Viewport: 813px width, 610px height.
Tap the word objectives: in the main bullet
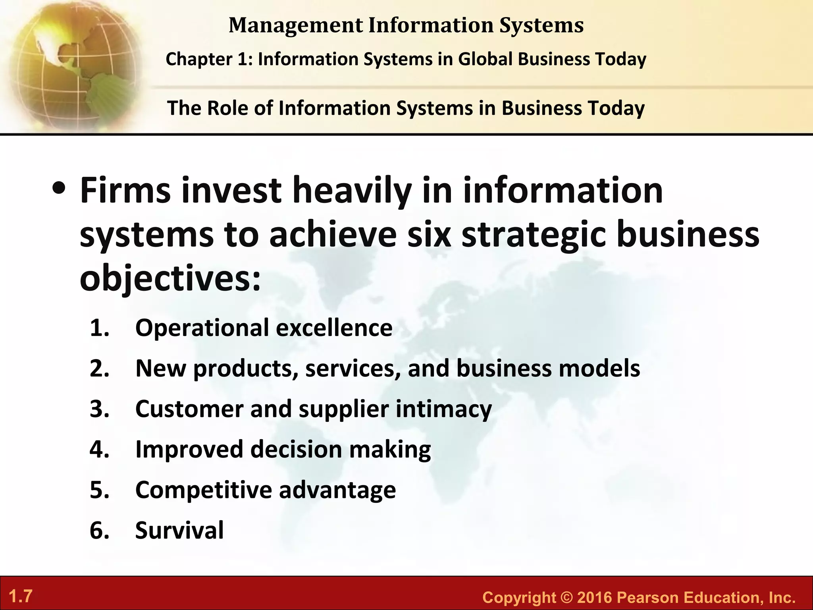click(170, 278)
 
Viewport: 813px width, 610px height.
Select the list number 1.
click(99, 328)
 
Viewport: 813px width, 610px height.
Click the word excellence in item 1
click(334, 328)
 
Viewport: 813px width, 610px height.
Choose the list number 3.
click(99, 409)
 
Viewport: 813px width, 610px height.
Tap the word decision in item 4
click(296, 450)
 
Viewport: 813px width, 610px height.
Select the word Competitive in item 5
click(204, 490)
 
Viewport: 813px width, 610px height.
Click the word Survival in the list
click(179, 531)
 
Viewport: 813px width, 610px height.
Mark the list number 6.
click(99, 531)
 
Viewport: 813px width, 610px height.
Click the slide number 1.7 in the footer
click(21, 596)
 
